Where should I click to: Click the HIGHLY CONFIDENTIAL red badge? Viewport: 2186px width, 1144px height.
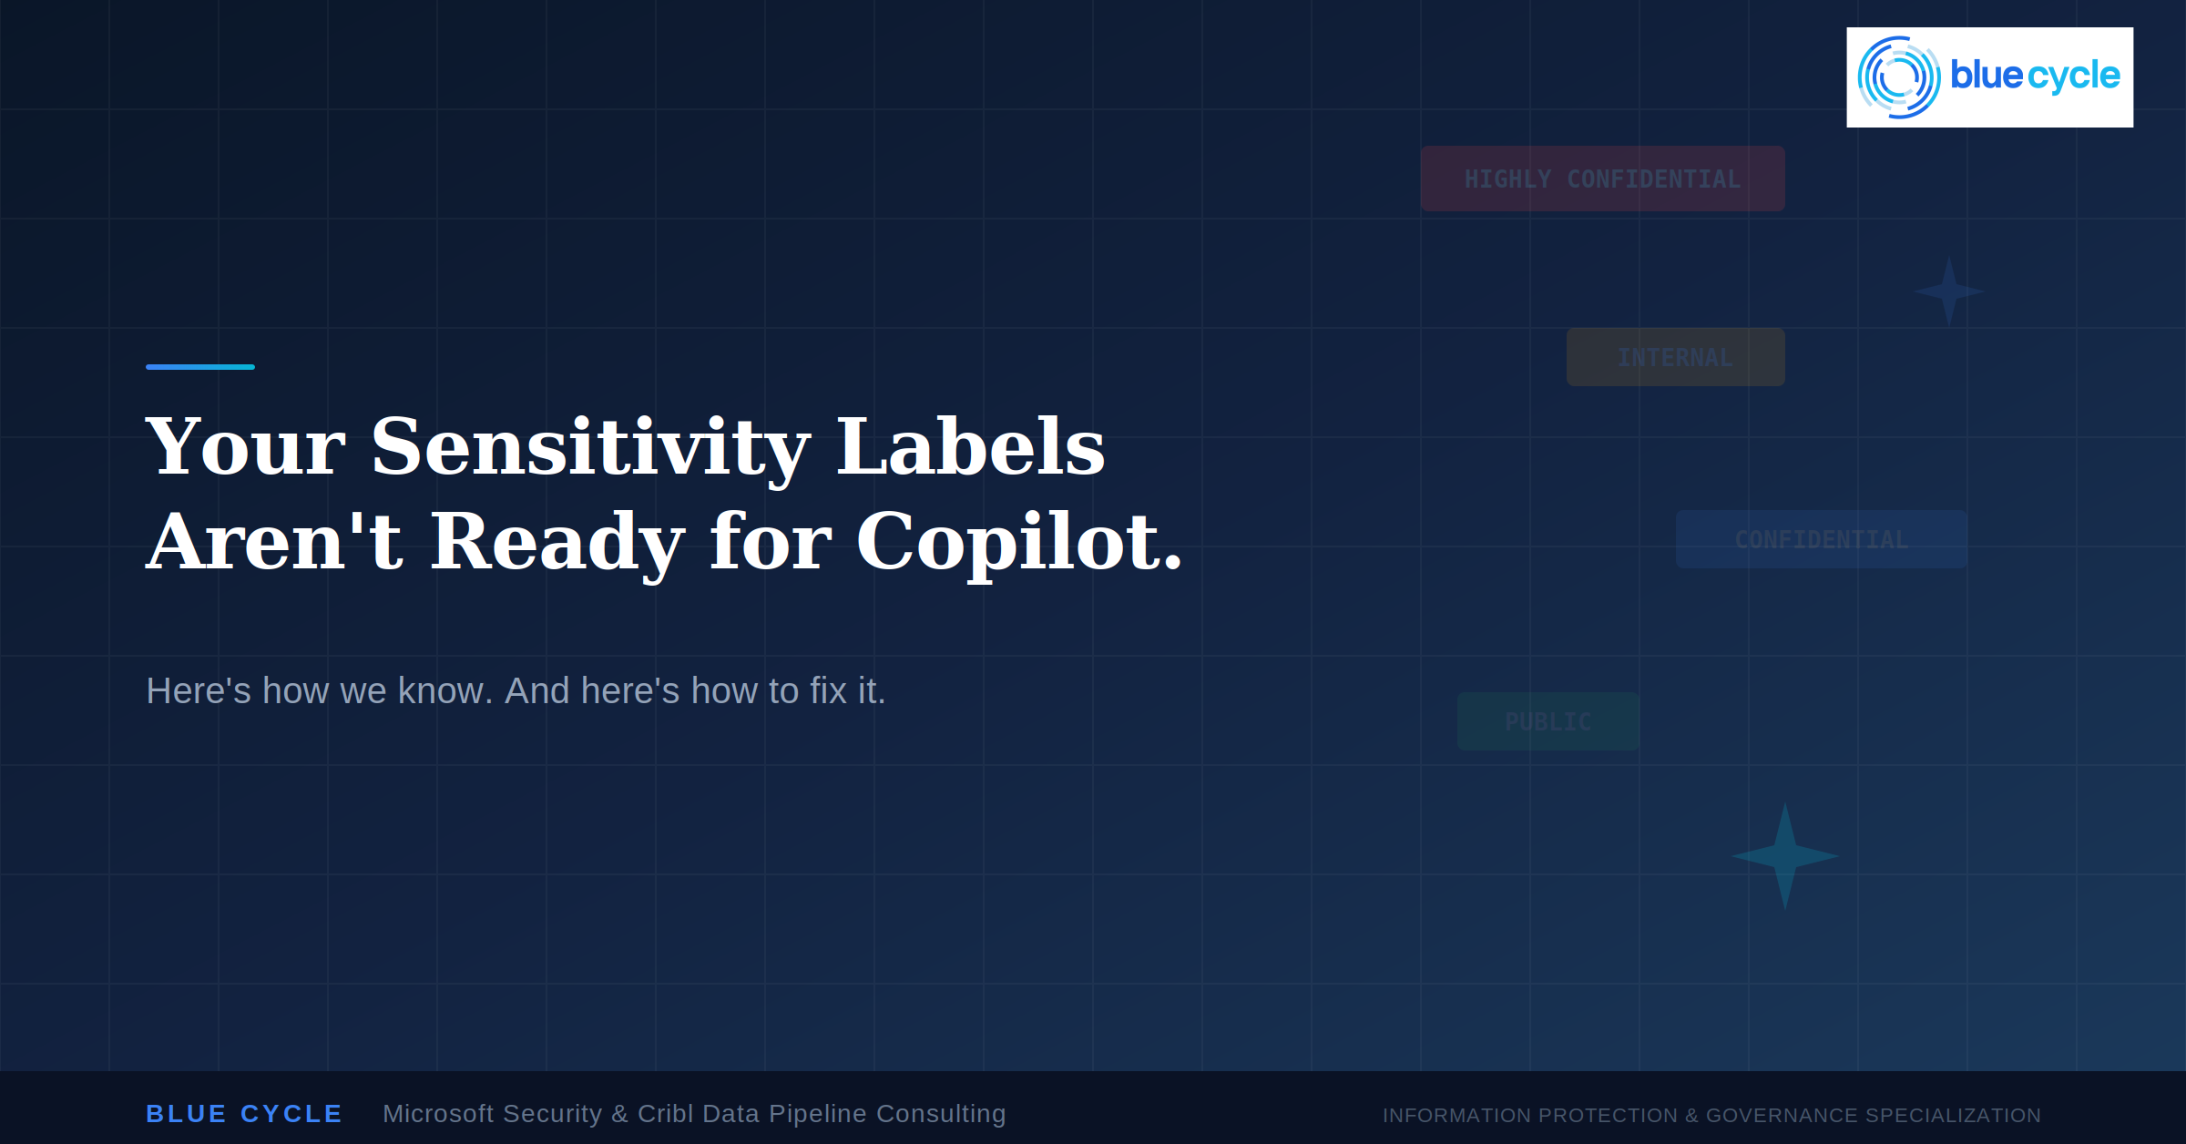(1602, 179)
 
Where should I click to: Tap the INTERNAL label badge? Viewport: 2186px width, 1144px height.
(1675, 357)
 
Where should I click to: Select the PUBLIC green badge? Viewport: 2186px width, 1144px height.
(1548, 721)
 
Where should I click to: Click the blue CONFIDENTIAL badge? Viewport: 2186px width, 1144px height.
(1821, 539)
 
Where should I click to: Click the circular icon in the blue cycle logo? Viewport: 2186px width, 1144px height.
(1899, 77)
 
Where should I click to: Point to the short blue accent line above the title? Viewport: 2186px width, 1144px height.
(200, 367)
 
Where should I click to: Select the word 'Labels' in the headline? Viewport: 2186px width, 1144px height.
(970, 446)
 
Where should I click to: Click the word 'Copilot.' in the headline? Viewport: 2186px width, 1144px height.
(1019, 543)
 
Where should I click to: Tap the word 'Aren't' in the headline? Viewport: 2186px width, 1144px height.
(274, 542)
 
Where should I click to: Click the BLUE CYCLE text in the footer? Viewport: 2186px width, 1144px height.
(244, 1114)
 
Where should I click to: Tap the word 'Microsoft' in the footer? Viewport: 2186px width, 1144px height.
(439, 1114)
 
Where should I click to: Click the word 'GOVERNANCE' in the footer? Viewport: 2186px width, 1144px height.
(1782, 1115)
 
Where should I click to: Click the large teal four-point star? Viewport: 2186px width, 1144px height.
(1785, 856)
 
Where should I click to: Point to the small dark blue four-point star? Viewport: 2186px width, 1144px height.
(1948, 291)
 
